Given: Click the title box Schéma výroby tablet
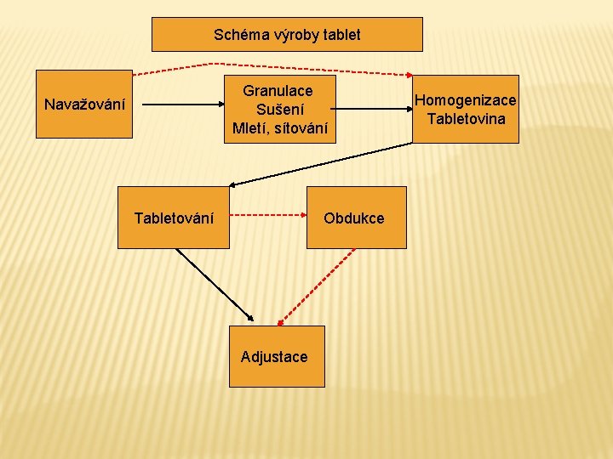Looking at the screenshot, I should coord(287,35).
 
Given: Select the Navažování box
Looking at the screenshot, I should coord(84,105).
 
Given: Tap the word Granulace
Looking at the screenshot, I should coord(278,90).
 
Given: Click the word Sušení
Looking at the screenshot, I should coord(279,110).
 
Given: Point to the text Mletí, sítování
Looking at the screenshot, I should coord(279,128).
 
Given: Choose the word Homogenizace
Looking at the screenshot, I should coord(465,100).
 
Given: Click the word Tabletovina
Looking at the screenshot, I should coord(466,118).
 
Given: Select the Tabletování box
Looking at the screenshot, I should coord(174,218).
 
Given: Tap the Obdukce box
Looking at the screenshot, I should coord(354,218).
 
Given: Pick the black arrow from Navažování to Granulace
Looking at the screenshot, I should coord(180,105).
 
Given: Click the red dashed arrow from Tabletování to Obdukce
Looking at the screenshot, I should coord(267,215).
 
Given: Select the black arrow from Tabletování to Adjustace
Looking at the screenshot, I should coord(213,284).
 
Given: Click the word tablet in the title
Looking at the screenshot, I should coord(341,35).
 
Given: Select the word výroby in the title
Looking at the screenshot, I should coord(290,35).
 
